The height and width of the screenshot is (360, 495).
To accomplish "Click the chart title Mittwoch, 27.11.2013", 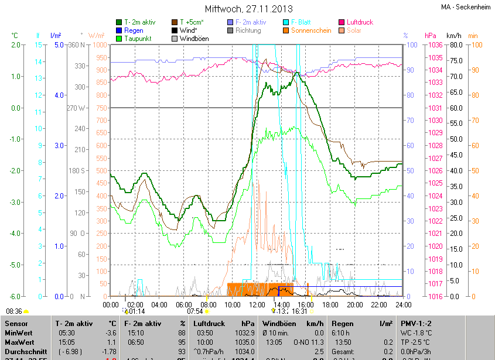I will click(248, 9).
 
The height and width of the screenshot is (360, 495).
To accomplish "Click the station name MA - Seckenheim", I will click(465, 7).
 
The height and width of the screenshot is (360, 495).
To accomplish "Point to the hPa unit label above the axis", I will click(431, 36).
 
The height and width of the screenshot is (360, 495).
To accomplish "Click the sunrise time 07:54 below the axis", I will click(195, 311).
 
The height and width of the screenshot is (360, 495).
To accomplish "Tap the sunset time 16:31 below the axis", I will click(300, 311).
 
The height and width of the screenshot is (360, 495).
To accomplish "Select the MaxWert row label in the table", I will click(19, 342).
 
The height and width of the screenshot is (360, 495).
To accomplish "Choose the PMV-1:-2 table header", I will click(416, 323).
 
